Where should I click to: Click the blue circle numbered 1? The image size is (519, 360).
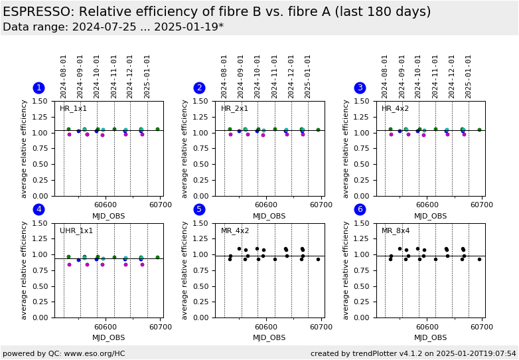pos(38,88)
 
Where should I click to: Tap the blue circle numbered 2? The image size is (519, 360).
pos(199,88)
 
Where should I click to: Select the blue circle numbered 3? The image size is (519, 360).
pos(360,88)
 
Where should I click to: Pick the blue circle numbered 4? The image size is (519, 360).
pos(38,209)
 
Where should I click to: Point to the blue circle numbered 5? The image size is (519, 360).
pos(199,209)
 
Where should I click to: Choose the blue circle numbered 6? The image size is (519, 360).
pos(360,209)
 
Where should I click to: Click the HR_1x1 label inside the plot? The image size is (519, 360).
pos(73,109)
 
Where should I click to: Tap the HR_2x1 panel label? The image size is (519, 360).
pos(234,109)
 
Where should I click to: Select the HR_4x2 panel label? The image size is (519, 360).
pos(395,109)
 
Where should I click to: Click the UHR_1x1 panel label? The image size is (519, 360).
pos(76,231)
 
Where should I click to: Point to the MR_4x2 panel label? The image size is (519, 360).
pos(235,231)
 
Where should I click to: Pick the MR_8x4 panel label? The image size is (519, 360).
pos(396,231)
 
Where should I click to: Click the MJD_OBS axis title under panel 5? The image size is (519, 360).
pos(269,337)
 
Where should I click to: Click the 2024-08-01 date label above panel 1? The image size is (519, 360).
pos(64,76)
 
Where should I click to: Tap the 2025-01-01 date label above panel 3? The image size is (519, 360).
pos(469,76)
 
